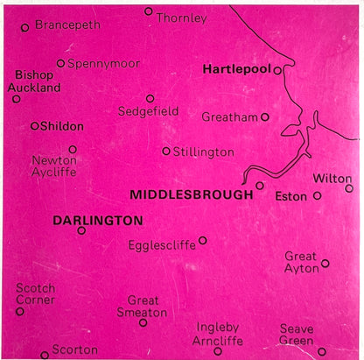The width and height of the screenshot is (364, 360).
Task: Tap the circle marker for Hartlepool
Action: (277, 70)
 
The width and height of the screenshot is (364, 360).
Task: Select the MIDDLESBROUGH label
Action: (191, 194)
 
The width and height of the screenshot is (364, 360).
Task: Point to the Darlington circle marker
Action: (81, 230)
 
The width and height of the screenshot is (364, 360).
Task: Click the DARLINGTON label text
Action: (97, 220)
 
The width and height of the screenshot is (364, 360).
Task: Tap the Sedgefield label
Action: (149, 112)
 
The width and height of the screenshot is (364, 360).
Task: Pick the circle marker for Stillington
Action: (166, 151)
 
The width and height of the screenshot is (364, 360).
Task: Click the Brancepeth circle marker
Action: (25, 27)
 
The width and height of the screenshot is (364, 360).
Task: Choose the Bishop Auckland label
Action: (34, 82)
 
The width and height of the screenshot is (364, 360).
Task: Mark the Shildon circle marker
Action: (35, 126)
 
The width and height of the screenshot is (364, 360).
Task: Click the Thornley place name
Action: (182, 18)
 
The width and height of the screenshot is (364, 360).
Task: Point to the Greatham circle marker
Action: (265, 116)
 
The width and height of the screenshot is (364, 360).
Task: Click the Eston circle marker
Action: (317, 196)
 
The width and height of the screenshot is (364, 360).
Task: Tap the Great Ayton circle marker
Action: (325, 263)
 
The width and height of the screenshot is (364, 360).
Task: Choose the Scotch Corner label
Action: (36, 293)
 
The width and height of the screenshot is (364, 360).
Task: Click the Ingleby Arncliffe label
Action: (218, 334)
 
